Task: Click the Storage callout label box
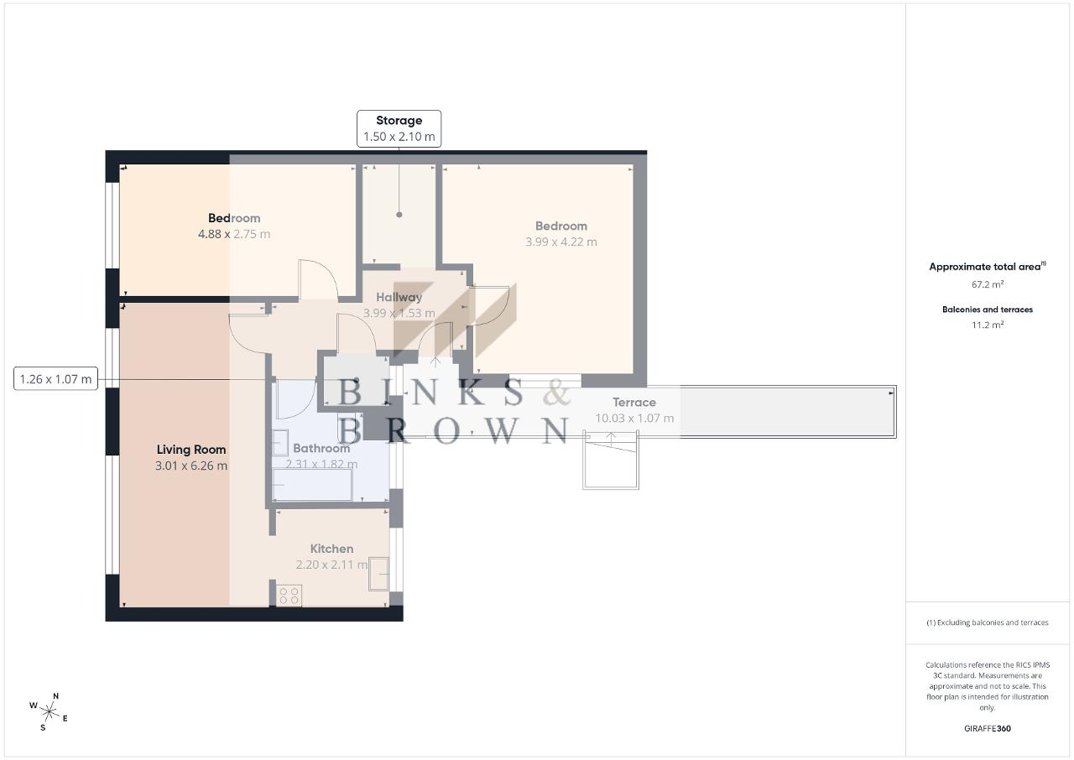399,128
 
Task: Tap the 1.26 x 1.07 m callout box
55,378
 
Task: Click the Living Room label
191,450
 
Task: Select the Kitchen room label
331,549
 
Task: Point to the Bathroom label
321,448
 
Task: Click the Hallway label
399,297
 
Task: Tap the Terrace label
633,403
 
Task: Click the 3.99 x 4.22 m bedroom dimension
561,242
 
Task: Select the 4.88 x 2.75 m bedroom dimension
234,234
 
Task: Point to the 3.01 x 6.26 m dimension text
191,466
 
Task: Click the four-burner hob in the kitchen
289,596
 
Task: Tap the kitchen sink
378,574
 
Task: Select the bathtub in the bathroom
312,485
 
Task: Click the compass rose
49,712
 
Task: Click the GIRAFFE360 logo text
988,728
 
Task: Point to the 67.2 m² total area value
988,284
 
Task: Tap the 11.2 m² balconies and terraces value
988,325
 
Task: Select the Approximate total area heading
988,267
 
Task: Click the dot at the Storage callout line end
399,215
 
